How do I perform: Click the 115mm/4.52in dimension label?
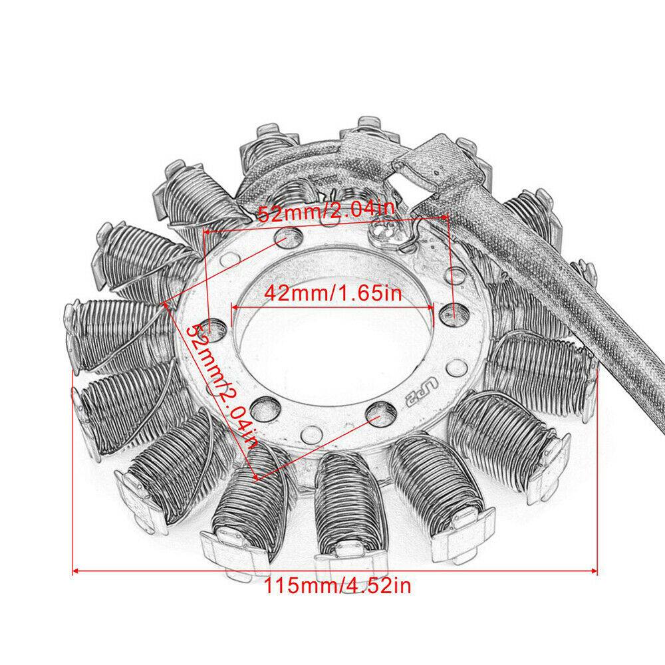(x=334, y=587)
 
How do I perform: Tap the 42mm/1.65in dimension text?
(x=332, y=293)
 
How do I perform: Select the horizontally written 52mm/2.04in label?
(x=326, y=214)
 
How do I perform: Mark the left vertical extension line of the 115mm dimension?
(x=71, y=465)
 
